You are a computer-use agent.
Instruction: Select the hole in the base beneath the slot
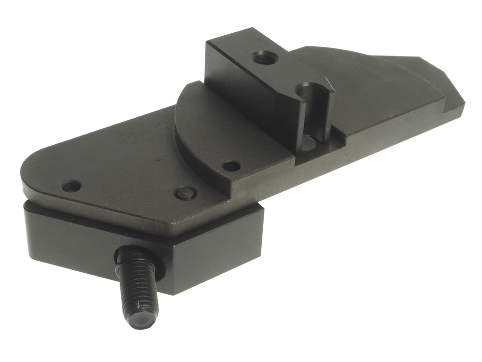click(x=310, y=142)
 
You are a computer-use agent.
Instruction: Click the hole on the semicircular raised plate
click(x=232, y=166)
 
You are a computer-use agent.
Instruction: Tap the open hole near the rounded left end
click(x=71, y=185)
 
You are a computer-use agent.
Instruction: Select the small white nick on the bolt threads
click(x=140, y=304)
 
